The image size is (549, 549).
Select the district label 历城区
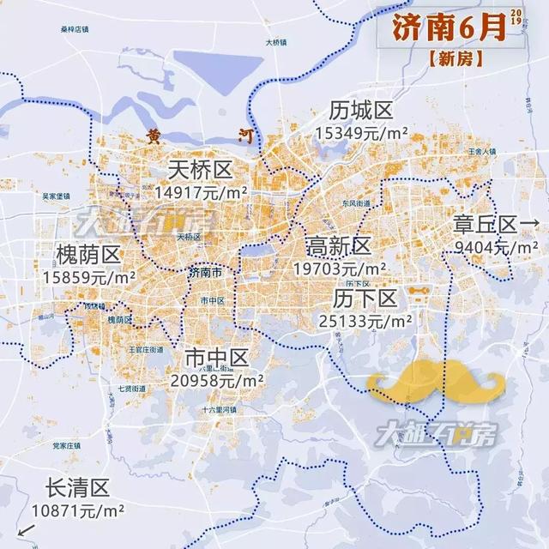click(360, 111)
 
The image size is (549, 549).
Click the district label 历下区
click(365, 299)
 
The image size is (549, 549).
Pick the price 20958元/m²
click(218, 378)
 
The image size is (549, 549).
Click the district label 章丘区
click(486, 225)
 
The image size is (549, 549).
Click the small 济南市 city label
click(206, 273)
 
